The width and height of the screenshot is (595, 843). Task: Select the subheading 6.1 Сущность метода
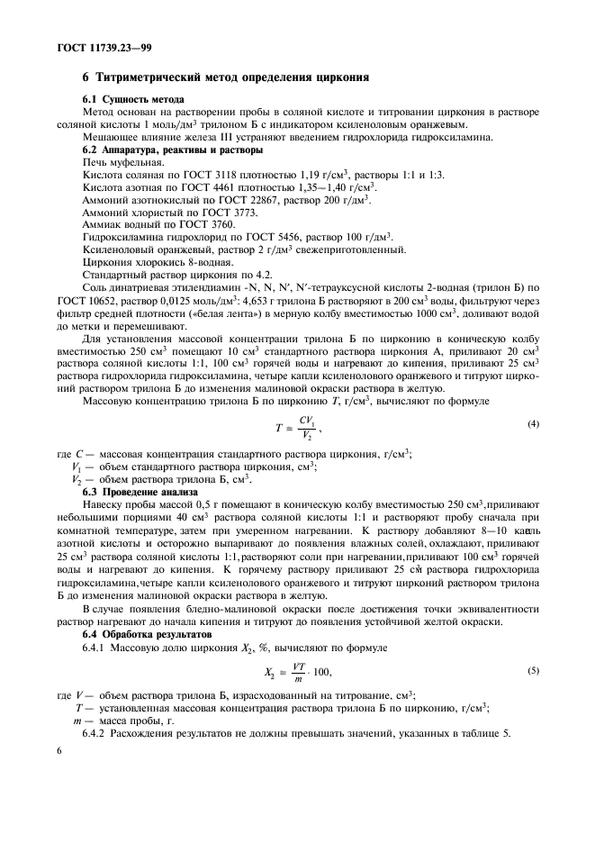(x=133, y=99)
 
